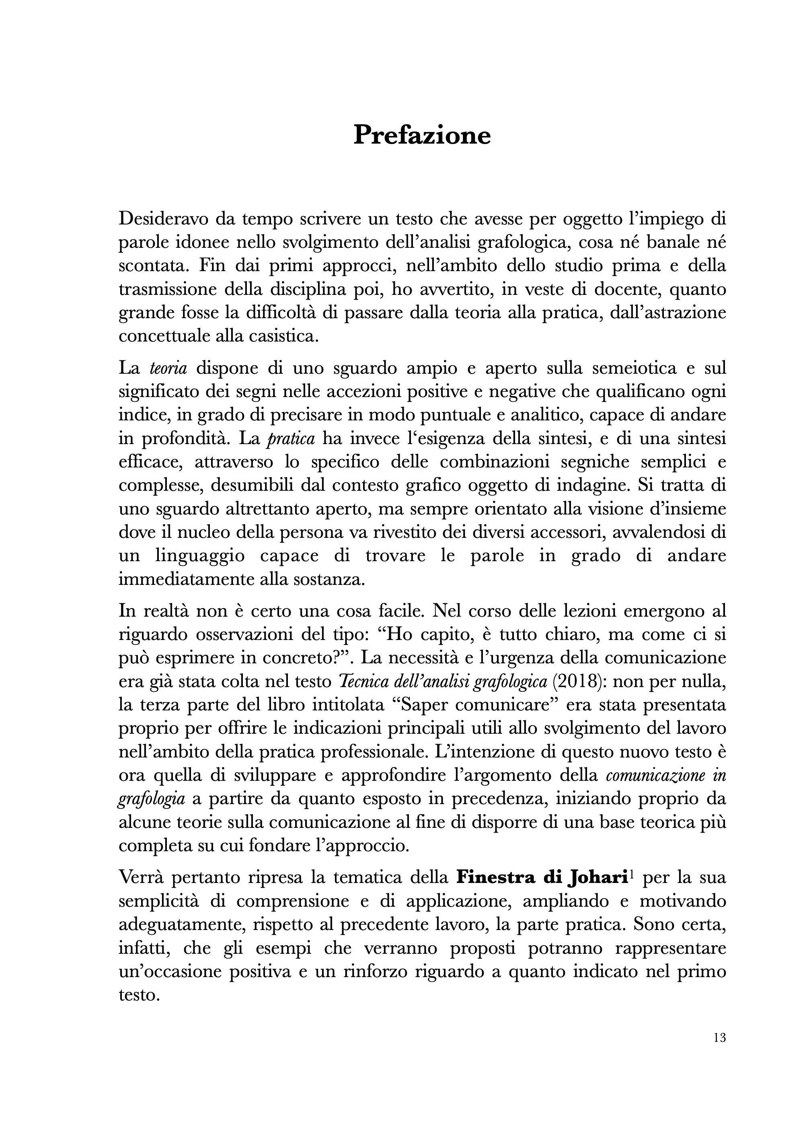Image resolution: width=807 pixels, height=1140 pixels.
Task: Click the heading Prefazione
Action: (422, 135)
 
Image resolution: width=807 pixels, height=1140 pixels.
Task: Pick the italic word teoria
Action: (168, 368)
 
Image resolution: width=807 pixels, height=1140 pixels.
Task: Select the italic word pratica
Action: (291, 440)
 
